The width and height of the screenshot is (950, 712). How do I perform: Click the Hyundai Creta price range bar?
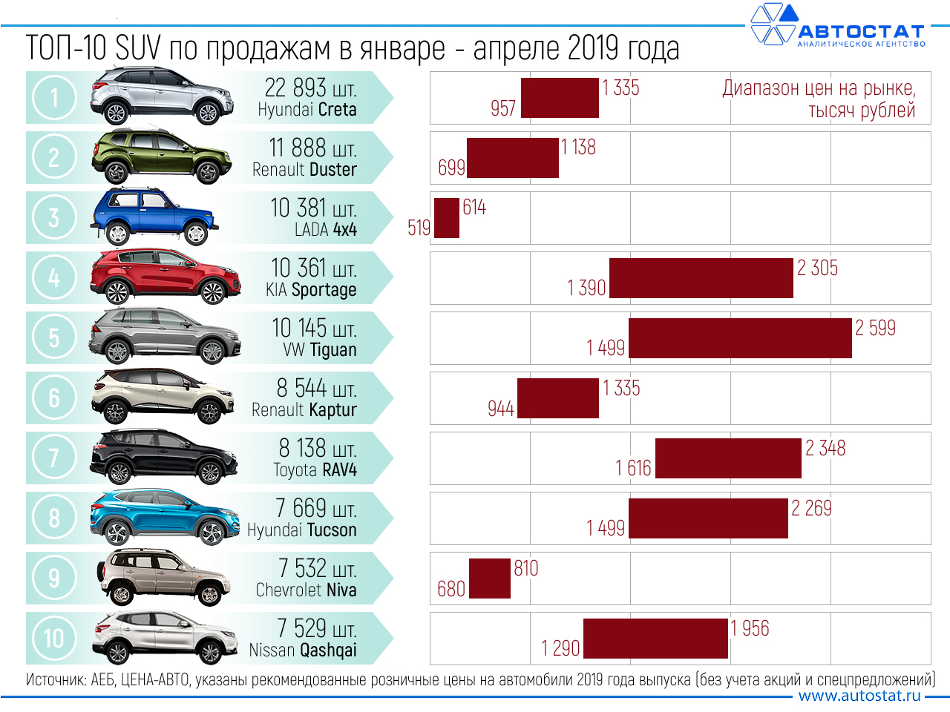pos(560,98)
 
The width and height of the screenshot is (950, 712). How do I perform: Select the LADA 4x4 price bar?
pos(447,218)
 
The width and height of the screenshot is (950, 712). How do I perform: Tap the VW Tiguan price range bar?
pos(740,338)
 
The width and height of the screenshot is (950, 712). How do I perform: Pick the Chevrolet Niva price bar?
pos(490,578)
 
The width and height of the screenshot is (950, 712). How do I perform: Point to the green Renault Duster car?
pos(161,157)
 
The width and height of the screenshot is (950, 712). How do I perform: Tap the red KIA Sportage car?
pos(165,277)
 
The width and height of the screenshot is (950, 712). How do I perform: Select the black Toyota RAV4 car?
pos(163,457)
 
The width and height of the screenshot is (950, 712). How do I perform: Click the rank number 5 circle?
pos(54,338)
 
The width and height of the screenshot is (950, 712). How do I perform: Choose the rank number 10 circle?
pos(54,638)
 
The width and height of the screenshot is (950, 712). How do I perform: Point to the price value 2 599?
pos(875,328)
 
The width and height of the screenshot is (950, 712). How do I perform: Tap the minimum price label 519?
pos(419,228)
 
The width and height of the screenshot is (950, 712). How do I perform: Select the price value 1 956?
pos(750,628)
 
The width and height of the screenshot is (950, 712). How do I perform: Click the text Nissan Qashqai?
pos(303,650)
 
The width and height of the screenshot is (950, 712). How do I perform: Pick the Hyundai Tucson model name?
pos(301,530)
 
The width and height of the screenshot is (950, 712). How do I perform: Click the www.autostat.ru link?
pos(859,696)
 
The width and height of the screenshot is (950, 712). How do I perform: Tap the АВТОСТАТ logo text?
pos(861,32)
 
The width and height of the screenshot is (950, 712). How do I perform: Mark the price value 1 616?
pos(633,468)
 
